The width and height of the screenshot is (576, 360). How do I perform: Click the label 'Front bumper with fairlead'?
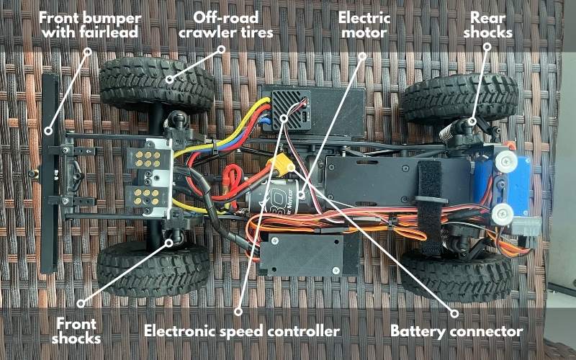coord(90,25)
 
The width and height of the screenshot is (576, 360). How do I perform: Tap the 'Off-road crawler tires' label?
coord(225,25)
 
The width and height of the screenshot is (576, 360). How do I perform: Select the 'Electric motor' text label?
coord(364,25)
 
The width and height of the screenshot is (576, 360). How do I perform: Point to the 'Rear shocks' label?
coord(487,25)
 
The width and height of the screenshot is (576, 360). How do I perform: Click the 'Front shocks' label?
coord(76,331)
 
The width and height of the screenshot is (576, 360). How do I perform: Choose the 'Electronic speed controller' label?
coord(242,331)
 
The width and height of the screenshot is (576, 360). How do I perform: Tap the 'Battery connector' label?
coord(456,331)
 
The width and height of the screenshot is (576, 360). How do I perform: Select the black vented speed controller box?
coord(290,109)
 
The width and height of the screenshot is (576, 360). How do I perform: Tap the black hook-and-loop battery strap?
coord(429,206)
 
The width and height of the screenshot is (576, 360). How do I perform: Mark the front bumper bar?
coord(50,174)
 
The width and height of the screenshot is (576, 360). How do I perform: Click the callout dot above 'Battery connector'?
coord(454,313)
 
